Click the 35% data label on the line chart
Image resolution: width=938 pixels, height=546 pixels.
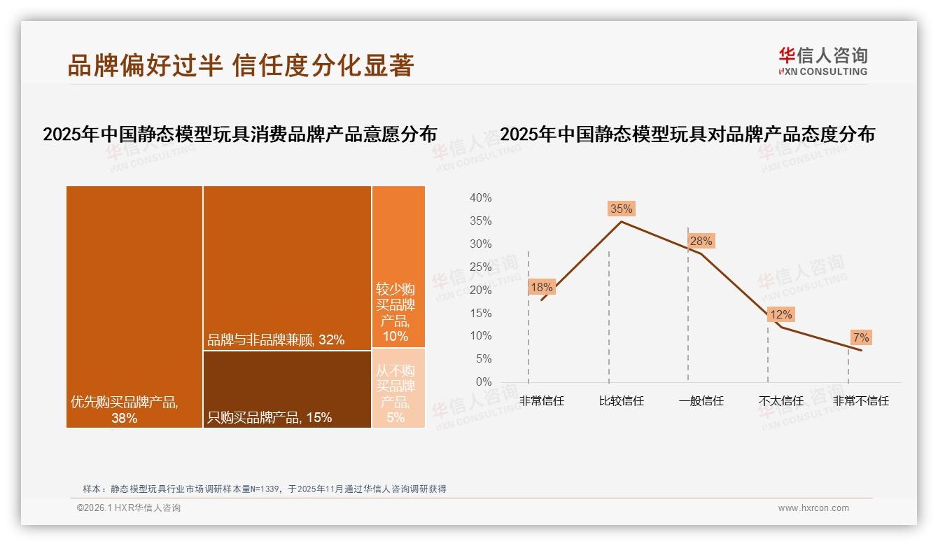pos(621,209)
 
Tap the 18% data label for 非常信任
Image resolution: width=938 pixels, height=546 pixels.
pos(541,287)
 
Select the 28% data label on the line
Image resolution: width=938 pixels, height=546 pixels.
pos(701,241)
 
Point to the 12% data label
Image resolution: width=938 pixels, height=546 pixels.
pos(780,315)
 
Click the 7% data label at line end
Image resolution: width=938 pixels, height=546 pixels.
pos(860,338)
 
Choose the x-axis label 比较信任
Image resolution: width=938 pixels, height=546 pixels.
pos(621,401)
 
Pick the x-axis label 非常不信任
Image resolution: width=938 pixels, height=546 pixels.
pos(860,401)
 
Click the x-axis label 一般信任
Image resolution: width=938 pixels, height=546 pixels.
pos(701,401)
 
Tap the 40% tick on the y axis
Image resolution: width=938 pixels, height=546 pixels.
pos(480,198)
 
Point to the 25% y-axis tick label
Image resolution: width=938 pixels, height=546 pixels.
pos(480,267)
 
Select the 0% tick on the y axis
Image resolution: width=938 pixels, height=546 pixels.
pos(483,381)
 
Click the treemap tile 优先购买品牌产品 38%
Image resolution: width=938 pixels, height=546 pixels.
pos(134,307)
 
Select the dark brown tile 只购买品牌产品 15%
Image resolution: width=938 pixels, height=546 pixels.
pos(287,389)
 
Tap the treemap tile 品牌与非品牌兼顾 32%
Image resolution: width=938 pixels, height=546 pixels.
pos(287,267)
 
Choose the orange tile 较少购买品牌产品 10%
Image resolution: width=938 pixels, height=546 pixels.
pos(398,266)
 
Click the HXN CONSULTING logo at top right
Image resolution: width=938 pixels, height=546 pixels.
pos(822,62)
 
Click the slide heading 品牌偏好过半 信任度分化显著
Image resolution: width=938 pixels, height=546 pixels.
pos(241,65)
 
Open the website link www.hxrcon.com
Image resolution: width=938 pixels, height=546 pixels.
pos(813,508)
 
